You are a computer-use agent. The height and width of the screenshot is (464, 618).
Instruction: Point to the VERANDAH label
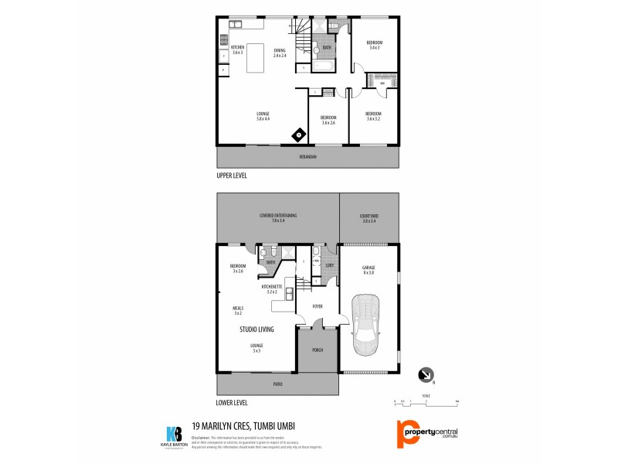[x=308, y=157]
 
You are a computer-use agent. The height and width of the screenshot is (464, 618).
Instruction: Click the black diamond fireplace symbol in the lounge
[x=298, y=136]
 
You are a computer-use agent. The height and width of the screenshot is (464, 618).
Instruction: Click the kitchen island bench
[x=260, y=58]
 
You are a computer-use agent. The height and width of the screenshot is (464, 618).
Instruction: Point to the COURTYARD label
[x=369, y=218]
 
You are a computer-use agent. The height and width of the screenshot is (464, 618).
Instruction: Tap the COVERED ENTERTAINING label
[x=278, y=218]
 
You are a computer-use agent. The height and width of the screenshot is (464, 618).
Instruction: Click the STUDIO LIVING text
[x=257, y=329]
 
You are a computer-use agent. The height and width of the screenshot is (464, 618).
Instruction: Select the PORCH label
[x=317, y=350]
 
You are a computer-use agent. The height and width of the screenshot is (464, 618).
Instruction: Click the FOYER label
[x=317, y=306]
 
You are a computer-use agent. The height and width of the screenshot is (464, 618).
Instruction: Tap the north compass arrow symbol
[x=426, y=376]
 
